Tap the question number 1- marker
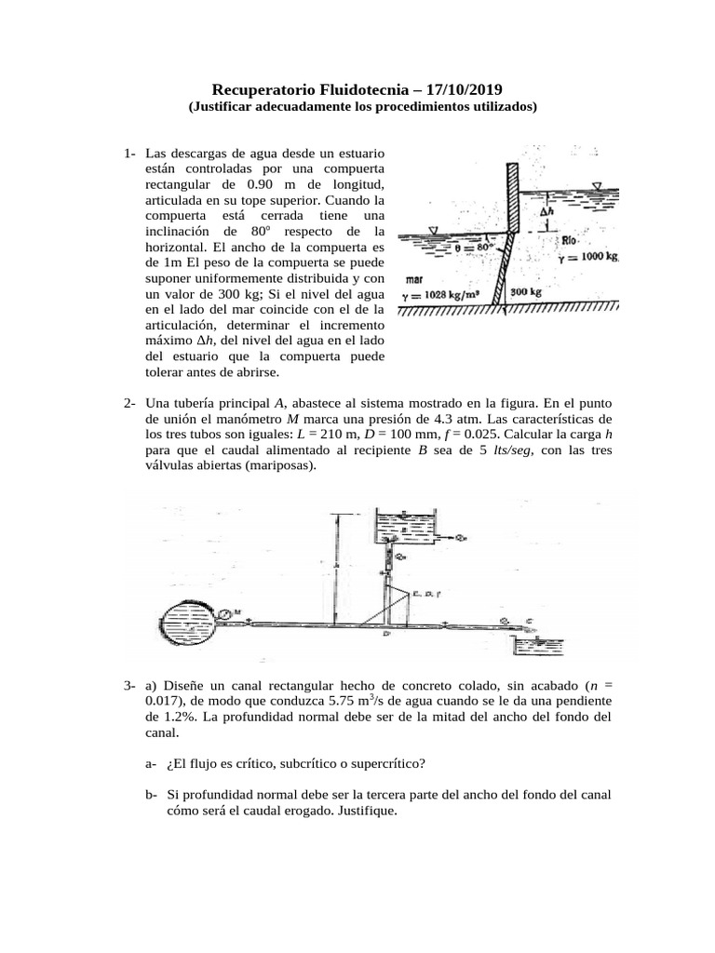coord(130,153)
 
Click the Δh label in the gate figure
coord(548,212)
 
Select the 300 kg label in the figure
coord(526,292)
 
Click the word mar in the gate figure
coord(416,278)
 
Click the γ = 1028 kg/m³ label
coord(444,295)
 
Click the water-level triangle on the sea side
coord(434,230)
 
